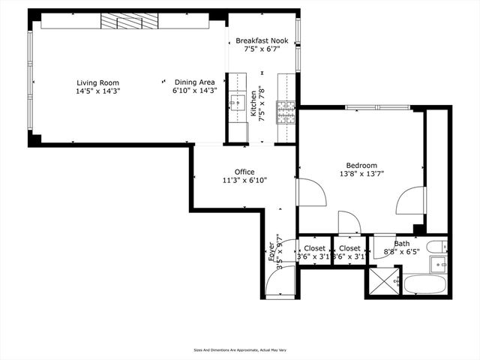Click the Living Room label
point(97,82)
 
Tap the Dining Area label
point(195,82)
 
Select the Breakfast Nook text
point(262,40)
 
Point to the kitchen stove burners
point(287,112)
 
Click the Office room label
point(244,172)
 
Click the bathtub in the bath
point(425,284)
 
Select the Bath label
point(403,244)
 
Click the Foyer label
point(271,251)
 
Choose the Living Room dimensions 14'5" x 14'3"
point(97,91)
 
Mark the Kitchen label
point(253,106)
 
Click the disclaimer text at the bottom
point(239,349)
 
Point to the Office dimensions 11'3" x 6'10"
point(244,181)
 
